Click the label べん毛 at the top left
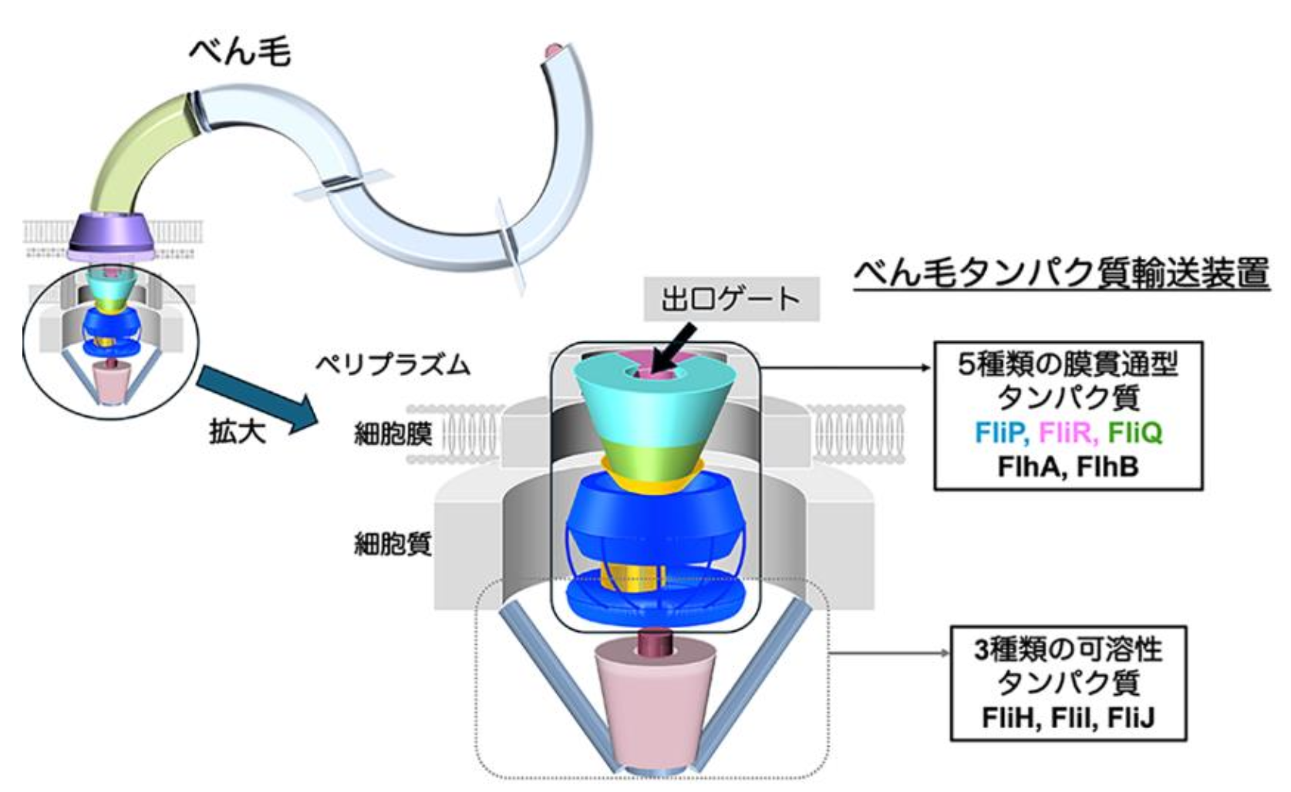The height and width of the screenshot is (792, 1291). coord(240,52)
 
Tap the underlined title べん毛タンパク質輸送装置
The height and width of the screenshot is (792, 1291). coord(1060,274)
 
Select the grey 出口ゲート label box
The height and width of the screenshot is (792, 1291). coord(730,299)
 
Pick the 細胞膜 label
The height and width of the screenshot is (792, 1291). coord(393,435)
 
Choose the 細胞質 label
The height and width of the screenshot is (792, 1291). coord(393,545)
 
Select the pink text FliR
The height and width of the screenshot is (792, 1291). coord(1067,433)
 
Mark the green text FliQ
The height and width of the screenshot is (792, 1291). coord(1134,433)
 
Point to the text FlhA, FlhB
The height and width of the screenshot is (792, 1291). coord(1067,467)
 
